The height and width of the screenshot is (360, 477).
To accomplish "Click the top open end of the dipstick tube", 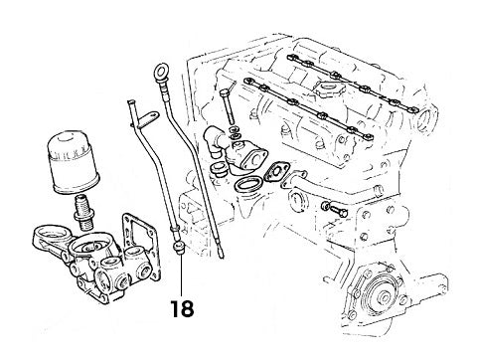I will tap(128, 100).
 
